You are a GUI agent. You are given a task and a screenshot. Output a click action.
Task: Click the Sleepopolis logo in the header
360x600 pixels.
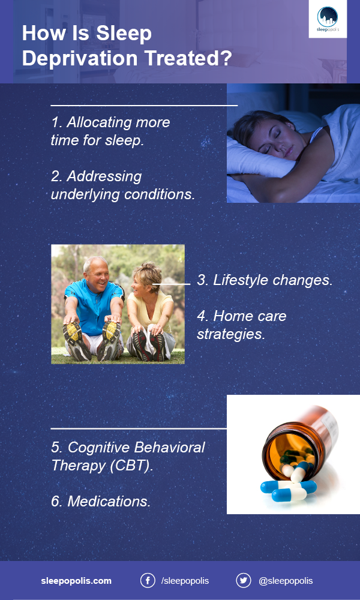[x=328, y=19]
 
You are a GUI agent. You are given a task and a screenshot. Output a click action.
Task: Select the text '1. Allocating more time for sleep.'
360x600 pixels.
[x=110, y=131]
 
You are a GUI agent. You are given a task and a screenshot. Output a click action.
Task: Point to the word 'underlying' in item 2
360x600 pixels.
[x=85, y=194]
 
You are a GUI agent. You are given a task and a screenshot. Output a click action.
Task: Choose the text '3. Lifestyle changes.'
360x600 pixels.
[x=265, y=280]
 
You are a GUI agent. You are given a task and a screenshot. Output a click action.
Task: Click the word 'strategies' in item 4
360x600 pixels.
[x=230, y=334]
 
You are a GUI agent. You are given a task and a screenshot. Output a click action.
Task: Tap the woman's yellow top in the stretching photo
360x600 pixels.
[x=150, y=310]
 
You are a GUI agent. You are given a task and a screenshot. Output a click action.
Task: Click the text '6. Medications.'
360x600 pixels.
[x=101, y=501]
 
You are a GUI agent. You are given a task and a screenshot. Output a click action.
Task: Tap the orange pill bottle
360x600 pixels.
[x=300, y=440]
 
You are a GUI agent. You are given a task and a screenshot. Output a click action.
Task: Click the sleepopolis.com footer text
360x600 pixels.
[x=76, y=580]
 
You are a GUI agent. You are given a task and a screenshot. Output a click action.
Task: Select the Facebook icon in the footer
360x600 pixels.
[x=148, y=580]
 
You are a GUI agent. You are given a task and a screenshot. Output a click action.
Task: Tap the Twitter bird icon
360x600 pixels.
[x=244, y=580]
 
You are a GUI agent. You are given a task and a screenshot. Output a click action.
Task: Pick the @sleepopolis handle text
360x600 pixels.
[x=286, y=581]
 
